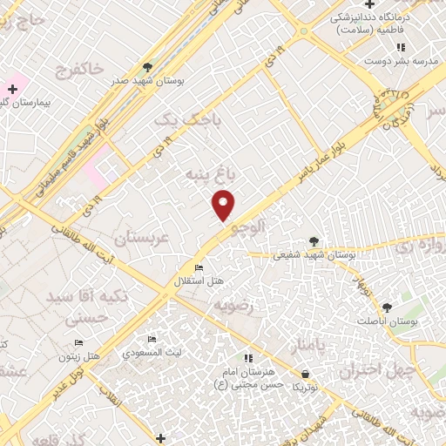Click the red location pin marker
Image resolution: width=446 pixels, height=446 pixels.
click(x=225, y=206)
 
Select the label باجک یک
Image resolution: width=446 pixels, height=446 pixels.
click(x=178, y=119)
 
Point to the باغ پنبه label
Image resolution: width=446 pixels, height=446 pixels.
click(x=206, y=176)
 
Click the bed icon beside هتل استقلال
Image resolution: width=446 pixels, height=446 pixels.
click(x=199, y=267)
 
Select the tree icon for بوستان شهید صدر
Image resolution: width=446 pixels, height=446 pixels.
click(x=148, y=65)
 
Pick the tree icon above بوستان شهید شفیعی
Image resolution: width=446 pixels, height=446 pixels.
click(x=314, y=242)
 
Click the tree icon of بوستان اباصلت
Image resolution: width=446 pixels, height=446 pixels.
click(x=387, y=307)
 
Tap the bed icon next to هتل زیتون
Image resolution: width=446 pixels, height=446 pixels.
click(x=79, y=342)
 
